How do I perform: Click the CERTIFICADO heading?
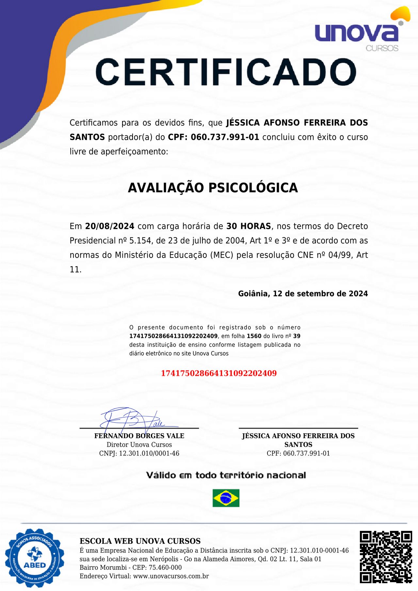point(226,72)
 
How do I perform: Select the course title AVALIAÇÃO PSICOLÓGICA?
point(213,188)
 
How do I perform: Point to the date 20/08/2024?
point(110,226)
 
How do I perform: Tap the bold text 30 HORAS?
point(249,226)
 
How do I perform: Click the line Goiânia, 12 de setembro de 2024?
point(303,294)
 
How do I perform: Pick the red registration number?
point(219,373)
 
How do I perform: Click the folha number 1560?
point(254,336)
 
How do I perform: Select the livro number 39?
point(297,336)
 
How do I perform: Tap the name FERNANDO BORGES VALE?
point(139,436)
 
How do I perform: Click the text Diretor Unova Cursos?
point(139,445)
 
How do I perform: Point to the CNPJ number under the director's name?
point(149,454)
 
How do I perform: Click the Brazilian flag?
point(226,498)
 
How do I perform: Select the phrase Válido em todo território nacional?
point(226,475)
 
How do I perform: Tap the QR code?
point(386,557)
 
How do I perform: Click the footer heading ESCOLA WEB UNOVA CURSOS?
point(140,541)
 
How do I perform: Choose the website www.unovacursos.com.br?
point(171,576)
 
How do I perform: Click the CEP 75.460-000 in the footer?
point(165,567)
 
